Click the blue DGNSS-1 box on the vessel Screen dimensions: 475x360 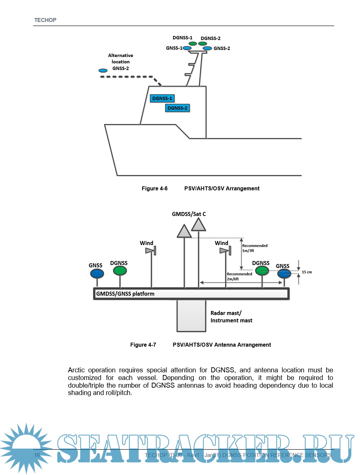tap(162, 98)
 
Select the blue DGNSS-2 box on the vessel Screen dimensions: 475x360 tap(177, 108)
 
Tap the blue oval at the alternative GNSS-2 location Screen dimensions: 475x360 tap(103, 71)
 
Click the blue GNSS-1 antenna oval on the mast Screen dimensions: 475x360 tap(187, 48)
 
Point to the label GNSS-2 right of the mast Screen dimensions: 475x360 tap(222, 48)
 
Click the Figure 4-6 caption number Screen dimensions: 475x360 tap(155, 188)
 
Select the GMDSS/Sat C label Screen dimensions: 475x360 tap(189, 214)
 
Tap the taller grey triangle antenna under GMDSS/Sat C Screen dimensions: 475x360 tap(199, 225)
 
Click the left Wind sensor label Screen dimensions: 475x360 tap(146, 243)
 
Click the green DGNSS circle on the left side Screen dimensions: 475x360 tap(120, 271)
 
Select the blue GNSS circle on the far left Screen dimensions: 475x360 tap(97, 274)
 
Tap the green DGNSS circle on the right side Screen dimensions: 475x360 tap(262, 270)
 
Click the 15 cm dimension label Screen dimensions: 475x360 tap(307, 272)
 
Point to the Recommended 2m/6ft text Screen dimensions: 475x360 tap(239, 276)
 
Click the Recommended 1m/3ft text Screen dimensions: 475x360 tap(255, 248)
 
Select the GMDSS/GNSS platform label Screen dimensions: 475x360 tap(125, 294)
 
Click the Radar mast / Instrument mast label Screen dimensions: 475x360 tap(231, 317)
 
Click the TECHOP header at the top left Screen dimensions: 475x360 tap(45, 20)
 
